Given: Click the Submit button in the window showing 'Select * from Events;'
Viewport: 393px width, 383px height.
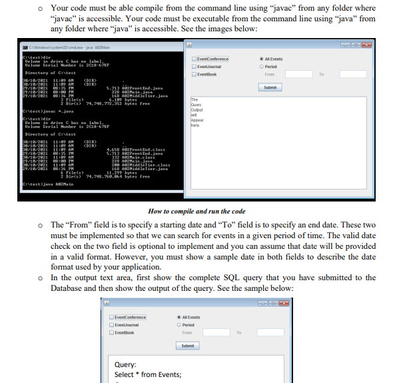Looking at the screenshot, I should [x=187, y=346].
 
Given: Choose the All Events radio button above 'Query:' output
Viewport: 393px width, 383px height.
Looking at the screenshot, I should [x=179, y=317].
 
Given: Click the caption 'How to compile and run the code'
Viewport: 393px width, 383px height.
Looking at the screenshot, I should [x=196, y=210].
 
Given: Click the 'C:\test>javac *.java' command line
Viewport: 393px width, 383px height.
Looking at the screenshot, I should [x=27, y=111].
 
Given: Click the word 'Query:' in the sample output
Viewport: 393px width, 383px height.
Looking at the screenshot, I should [x=126, y=365].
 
